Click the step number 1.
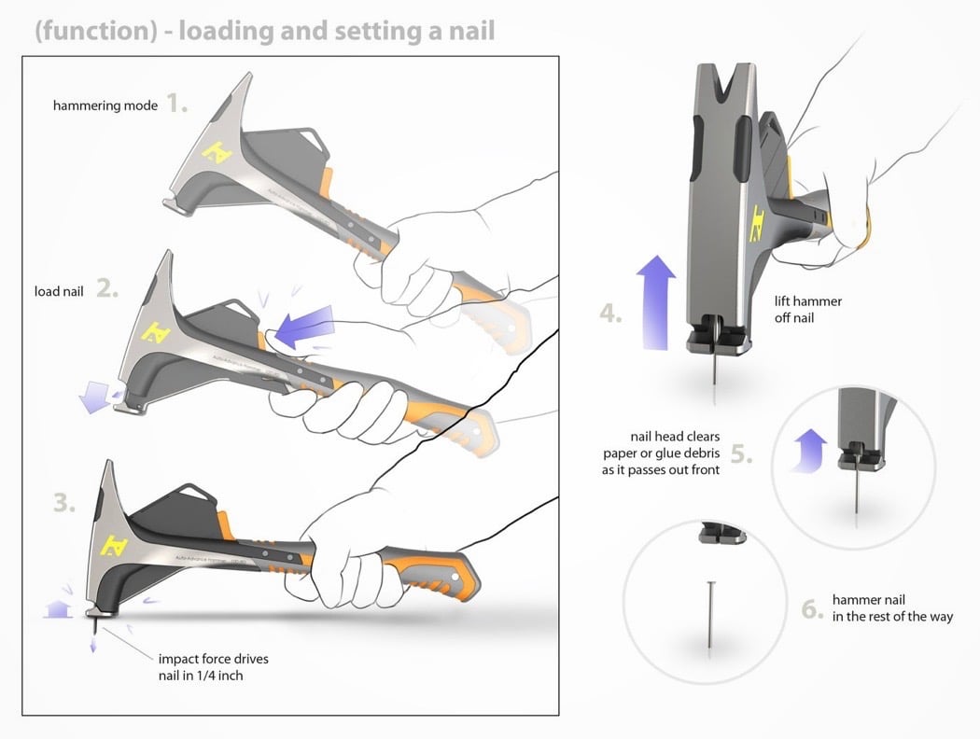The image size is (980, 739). coord(176,104)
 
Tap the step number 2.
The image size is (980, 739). coord(106,289)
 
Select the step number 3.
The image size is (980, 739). coord(64,504)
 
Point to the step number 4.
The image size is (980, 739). coord(610,314)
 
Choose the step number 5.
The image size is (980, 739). coord(740,454)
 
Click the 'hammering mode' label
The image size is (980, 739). coord(105,105)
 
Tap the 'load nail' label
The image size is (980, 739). coord(59,291)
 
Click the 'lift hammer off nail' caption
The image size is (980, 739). coord(808,309)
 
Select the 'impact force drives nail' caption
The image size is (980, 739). coord(214,667)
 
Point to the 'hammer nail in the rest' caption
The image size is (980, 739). coord(891,608)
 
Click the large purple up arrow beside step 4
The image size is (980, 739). coord(656,300)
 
